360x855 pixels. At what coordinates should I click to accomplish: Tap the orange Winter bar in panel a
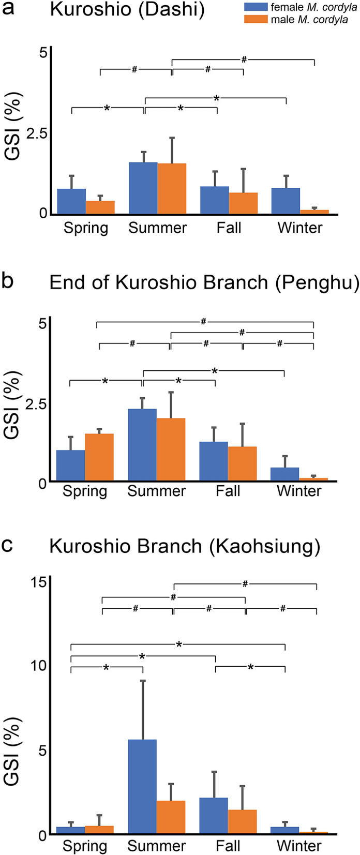click(x=314, y=211)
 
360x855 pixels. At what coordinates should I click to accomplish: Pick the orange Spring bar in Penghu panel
click(x=99, y=457)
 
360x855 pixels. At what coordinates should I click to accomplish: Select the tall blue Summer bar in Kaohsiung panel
click(x=142, y=786)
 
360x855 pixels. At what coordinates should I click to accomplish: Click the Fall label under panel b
click(x=228, y=491)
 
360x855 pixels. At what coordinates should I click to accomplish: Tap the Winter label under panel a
click(x=300, y=228)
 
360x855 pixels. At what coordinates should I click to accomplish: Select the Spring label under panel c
click(x=85, y=846)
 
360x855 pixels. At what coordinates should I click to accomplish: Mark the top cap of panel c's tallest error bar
click(x=142, y=681)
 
